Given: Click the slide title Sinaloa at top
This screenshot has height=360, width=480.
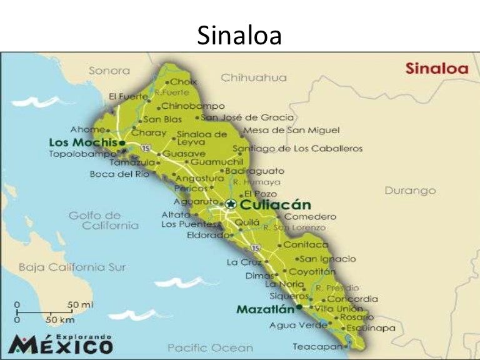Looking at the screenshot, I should (239, 36).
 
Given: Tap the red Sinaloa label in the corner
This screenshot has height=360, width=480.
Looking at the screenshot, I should (436, 68).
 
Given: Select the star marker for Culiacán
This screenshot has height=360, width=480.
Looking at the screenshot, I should (231, 204).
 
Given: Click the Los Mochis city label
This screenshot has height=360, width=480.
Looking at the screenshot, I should (83, 142).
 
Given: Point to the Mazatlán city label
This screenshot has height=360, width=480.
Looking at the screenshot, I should (266, 309).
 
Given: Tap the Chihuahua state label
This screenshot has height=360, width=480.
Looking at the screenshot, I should (253, 77).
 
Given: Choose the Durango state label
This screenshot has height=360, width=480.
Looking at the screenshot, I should (409, 190).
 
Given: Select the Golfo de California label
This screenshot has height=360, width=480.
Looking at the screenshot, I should (103, 220).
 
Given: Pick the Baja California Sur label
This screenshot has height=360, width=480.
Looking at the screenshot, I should (72, 267).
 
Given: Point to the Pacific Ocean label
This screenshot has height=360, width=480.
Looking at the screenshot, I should (210, 347).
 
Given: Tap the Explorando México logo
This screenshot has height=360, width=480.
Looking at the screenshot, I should (61, 343).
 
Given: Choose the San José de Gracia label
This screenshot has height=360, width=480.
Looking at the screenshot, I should (247, 117).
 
